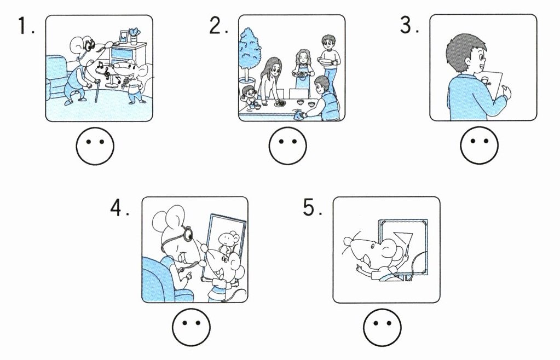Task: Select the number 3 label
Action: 409,25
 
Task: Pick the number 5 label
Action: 312,207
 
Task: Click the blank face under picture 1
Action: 95,146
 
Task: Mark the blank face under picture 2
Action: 287,146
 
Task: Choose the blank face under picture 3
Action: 479,146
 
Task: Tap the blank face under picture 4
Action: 191,327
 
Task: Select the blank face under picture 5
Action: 382,327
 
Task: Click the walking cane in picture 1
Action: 97,91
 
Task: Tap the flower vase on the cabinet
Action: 134,37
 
